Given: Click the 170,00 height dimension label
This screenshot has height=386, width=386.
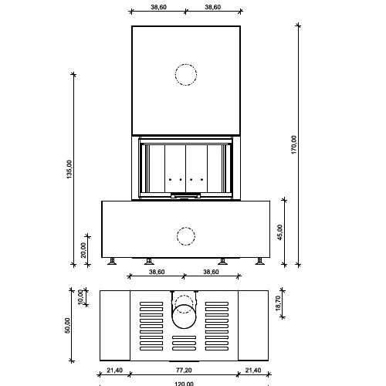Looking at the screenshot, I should [x=294, y=144].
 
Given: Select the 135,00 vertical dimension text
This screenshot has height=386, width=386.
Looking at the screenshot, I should [x=69, y=169].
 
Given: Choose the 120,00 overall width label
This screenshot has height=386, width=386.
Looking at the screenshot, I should [x=185, y=383].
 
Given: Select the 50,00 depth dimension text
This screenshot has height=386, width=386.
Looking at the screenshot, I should [x=69, y=325].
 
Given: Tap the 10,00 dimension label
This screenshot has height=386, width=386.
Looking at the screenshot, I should [x=81, y=296].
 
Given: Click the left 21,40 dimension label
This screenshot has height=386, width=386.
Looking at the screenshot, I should [x=113, y=371].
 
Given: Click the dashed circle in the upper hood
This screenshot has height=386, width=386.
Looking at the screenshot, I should [x=186, y=75].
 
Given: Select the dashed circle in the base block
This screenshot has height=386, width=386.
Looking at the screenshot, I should [x=186, y=235].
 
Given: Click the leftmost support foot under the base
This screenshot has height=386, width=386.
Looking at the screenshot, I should [x=113, y=261].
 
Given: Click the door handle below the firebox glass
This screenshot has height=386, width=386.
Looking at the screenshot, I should [x=186, y=197].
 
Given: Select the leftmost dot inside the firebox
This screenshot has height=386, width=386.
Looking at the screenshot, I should [x=170, y=179].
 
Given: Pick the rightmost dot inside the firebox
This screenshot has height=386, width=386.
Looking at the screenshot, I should [x=202, y=179].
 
